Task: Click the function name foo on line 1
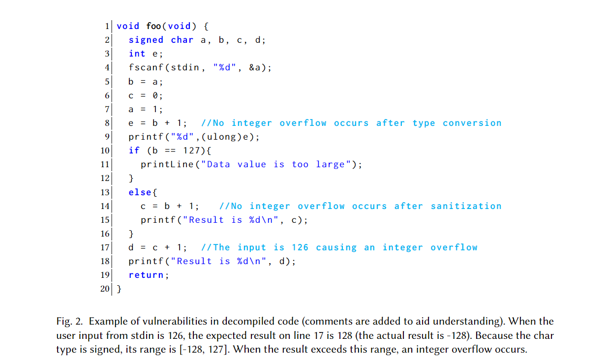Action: pyautogui.click(x=153, y=26)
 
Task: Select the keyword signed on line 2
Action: pyautogui.click(x=146, y=40)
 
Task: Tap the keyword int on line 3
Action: pyautogui.click(x=137, y=54)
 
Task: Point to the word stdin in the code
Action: pyautogui.click(x=185, y=67)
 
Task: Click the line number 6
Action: pyautogui.click(x=107, y=95)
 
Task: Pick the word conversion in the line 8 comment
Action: pyautogui.click(x=472, y=123)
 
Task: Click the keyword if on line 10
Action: pyautogui.click(x=134, y=150)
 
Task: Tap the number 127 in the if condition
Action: pyautogui.click(x=191, y=150)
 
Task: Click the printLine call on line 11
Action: pyautogui.click(x=167, y=164)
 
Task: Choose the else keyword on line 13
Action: pyautogui.click(x=140, y=192)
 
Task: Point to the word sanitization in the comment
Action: pyautogui.click(x=466, y=206)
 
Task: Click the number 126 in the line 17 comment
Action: pyautogui.click(x=300, y=247)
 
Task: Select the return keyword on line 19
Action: pyautogui.click(x=146, y=275)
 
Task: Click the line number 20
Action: pyautogui.click(x=105, y=289)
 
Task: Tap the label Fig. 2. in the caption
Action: pyautogui.click(x=69, y=322)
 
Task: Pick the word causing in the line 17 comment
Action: pyautogui.click(x=336, y=247)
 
